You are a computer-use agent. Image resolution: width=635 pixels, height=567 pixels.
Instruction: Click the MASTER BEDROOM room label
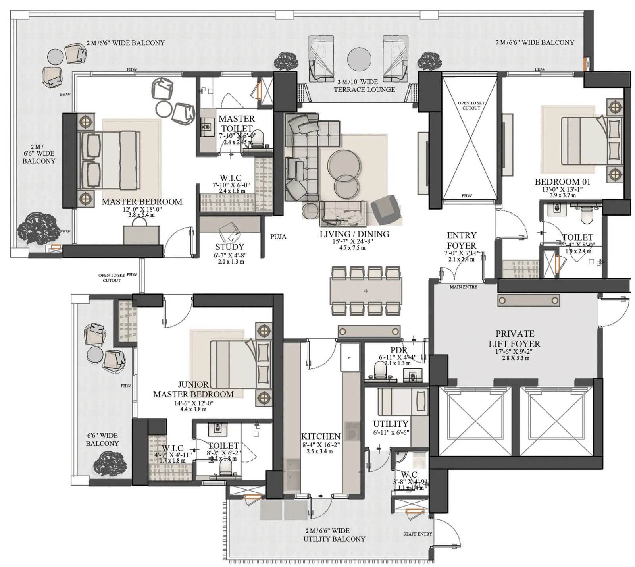tap(142, 202)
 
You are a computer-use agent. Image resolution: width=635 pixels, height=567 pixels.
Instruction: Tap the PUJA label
tap(278, 237)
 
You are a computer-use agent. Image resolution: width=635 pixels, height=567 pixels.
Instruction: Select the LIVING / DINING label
tap(354, 234)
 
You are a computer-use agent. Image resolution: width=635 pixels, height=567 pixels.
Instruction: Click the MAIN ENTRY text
tap(463, 287)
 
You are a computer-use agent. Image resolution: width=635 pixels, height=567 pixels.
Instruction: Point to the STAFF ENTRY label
tap(418, 534)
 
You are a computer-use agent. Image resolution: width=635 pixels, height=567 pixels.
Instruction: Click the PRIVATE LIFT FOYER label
tap(514, 339)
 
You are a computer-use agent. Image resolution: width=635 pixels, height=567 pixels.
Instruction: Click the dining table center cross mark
tap(366, 291)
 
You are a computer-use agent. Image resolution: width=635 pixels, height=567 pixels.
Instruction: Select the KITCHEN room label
tap(320, 436)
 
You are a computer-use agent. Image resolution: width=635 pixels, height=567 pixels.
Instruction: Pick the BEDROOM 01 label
tap(562, 182)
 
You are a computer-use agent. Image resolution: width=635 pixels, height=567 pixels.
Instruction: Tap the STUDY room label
tap(229, 247)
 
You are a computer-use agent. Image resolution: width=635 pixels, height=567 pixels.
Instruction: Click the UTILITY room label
tap(391, 424)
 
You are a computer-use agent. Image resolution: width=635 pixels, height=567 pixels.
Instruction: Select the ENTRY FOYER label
tap(461, 240)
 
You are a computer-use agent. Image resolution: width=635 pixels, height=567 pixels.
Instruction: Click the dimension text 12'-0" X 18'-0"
tap(142, 209)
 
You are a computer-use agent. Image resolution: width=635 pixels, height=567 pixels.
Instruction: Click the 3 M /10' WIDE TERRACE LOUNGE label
tap(364, 86)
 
